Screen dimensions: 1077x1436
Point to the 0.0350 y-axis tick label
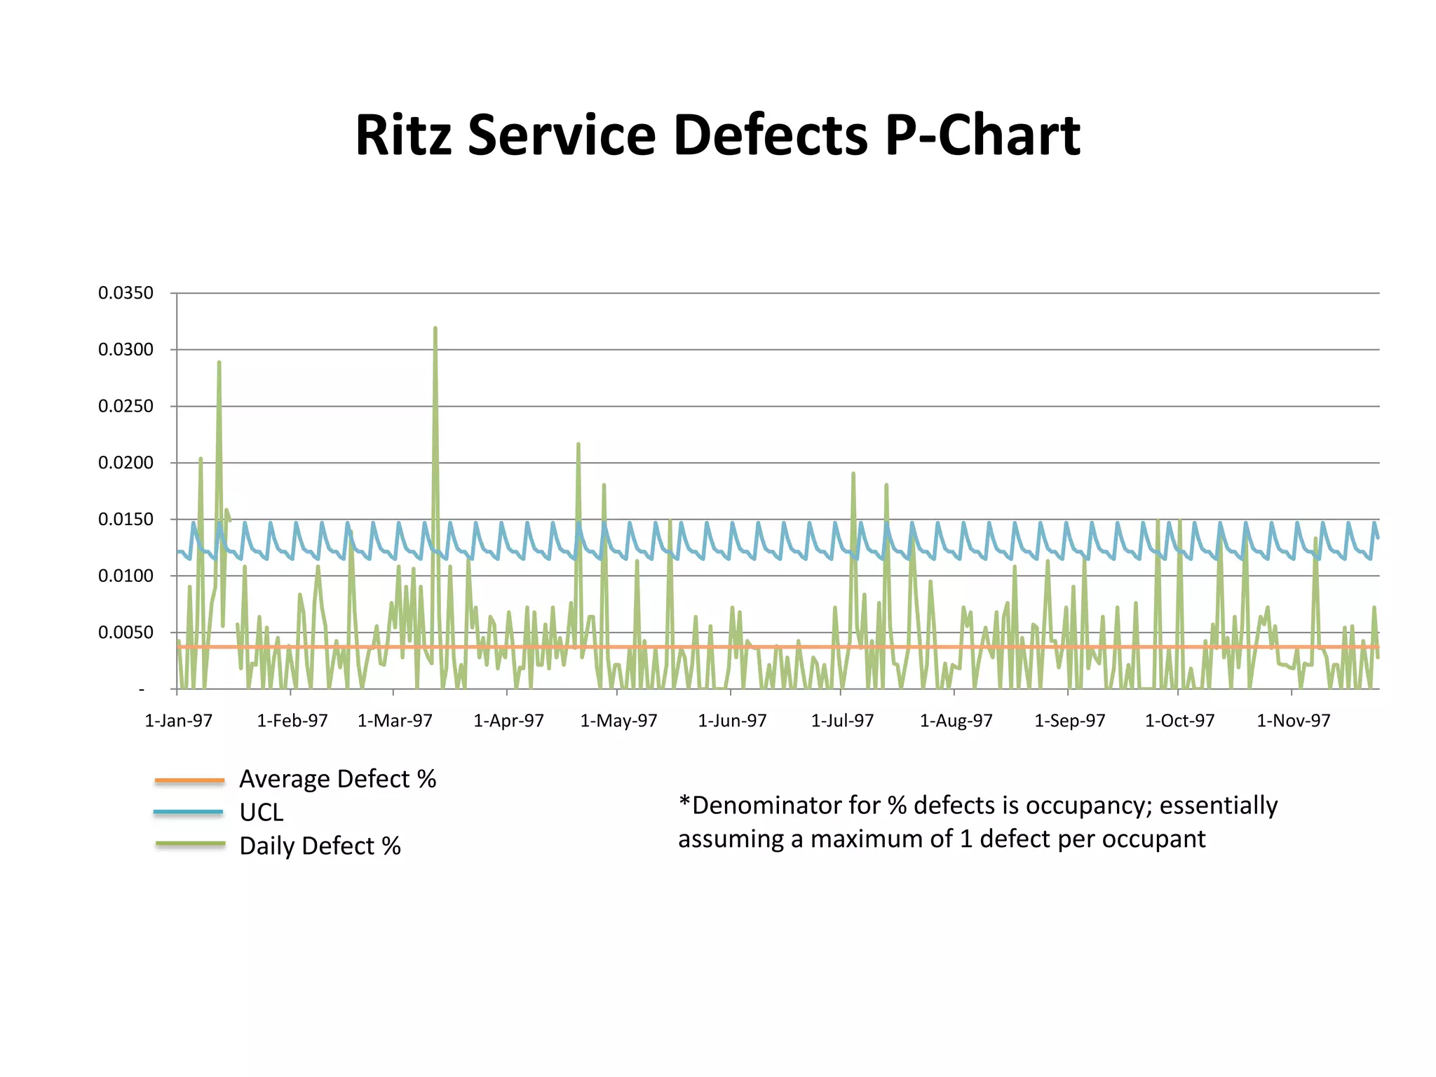coord(126,293)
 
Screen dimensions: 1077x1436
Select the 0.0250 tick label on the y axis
coord(126,406)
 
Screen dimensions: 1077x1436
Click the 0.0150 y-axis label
coord(126,520)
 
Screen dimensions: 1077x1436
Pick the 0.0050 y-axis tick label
coord(126,632)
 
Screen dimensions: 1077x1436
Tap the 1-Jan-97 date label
coord(178,721)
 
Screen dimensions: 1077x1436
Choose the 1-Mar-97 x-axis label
coord(395,721)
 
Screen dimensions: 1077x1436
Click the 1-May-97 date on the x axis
coord(618,721)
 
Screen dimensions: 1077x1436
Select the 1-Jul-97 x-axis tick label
coord(842,721)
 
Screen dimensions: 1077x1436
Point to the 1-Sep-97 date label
coord(1069,721)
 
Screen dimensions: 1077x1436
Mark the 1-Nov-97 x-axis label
coord(1293,721)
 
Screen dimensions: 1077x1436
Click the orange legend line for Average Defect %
coord(189,780)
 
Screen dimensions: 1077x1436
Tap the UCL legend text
coord(261,813)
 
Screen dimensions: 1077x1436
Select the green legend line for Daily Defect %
coord(189,844)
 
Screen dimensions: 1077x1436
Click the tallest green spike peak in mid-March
coord(435,328)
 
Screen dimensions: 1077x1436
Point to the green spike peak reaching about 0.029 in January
coord(219,363)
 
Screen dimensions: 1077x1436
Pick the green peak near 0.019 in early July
coord(853,474)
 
